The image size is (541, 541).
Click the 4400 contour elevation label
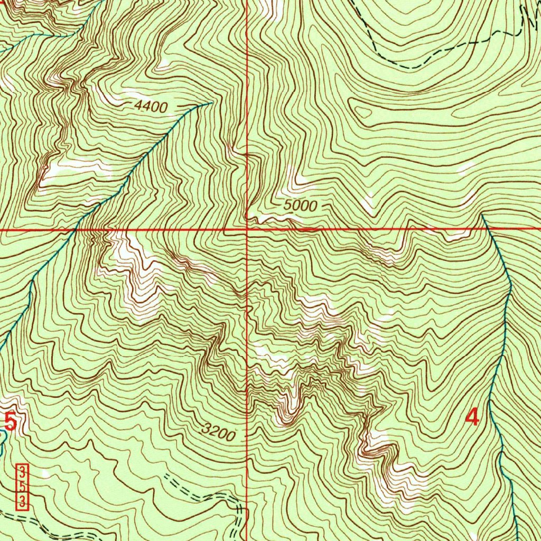[x=151, y=107]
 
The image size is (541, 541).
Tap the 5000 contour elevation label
[x=300, y=206]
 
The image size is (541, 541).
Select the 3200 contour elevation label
[x=218, y=434]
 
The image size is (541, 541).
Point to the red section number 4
[x=472, y=417]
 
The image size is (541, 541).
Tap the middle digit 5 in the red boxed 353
[x=22, y=487]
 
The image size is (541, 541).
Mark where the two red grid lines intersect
[x=247, y=230]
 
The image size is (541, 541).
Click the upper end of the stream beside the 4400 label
[x=211, y=102]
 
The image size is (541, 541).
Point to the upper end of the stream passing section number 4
[x=482, y=215]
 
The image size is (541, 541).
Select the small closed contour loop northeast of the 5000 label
[x=363, y=111]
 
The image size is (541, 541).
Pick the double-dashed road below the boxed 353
[x=32, y=519]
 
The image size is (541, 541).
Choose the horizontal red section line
[x=370, y=230]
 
